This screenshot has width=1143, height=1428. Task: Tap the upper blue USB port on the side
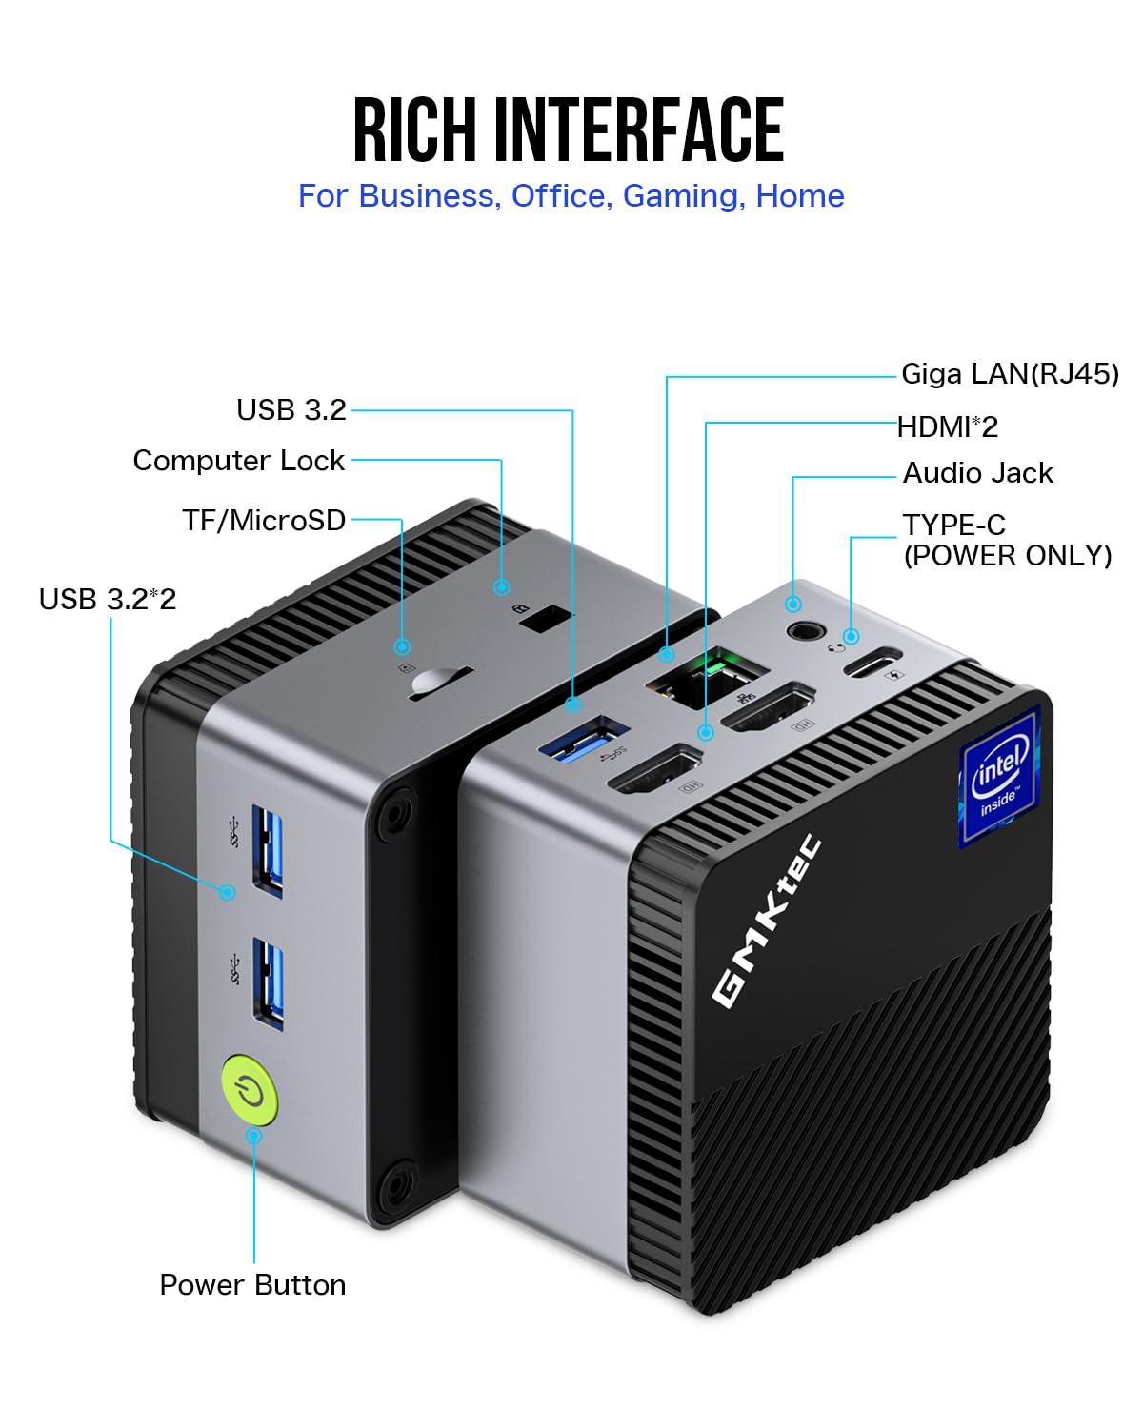point(267,850)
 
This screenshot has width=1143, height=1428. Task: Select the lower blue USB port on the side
point(268,982)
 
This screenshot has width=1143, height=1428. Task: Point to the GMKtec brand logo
point(767,920)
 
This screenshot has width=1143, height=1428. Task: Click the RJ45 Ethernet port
point(708,675)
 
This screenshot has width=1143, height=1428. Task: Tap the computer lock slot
point(544,619)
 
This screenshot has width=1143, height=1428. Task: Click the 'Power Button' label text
point(252,1284)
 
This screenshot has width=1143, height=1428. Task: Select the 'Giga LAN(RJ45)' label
point(1010,374)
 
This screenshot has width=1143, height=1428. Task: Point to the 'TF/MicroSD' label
point(264,520)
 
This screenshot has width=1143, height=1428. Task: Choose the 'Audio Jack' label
point(977,473)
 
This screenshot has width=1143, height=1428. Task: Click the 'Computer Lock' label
point(238,461)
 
